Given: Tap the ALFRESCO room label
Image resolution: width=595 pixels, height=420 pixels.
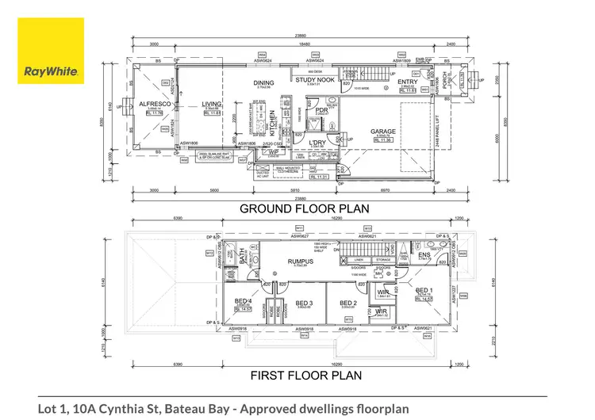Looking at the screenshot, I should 151,104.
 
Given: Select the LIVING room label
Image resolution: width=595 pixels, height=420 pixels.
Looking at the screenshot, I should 212,104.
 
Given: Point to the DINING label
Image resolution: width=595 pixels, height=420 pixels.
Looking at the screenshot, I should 263,82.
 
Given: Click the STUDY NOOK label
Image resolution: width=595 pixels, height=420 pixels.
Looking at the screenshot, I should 315,80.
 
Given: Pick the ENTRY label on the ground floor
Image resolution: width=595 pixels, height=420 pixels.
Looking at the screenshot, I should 408,82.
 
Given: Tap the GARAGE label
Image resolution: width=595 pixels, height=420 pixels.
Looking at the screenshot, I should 383,132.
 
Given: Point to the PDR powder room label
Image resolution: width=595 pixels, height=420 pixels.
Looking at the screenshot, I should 322,110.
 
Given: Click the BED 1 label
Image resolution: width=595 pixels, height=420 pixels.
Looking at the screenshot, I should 424,290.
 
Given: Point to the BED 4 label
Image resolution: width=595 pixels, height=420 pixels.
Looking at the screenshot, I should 243,301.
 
